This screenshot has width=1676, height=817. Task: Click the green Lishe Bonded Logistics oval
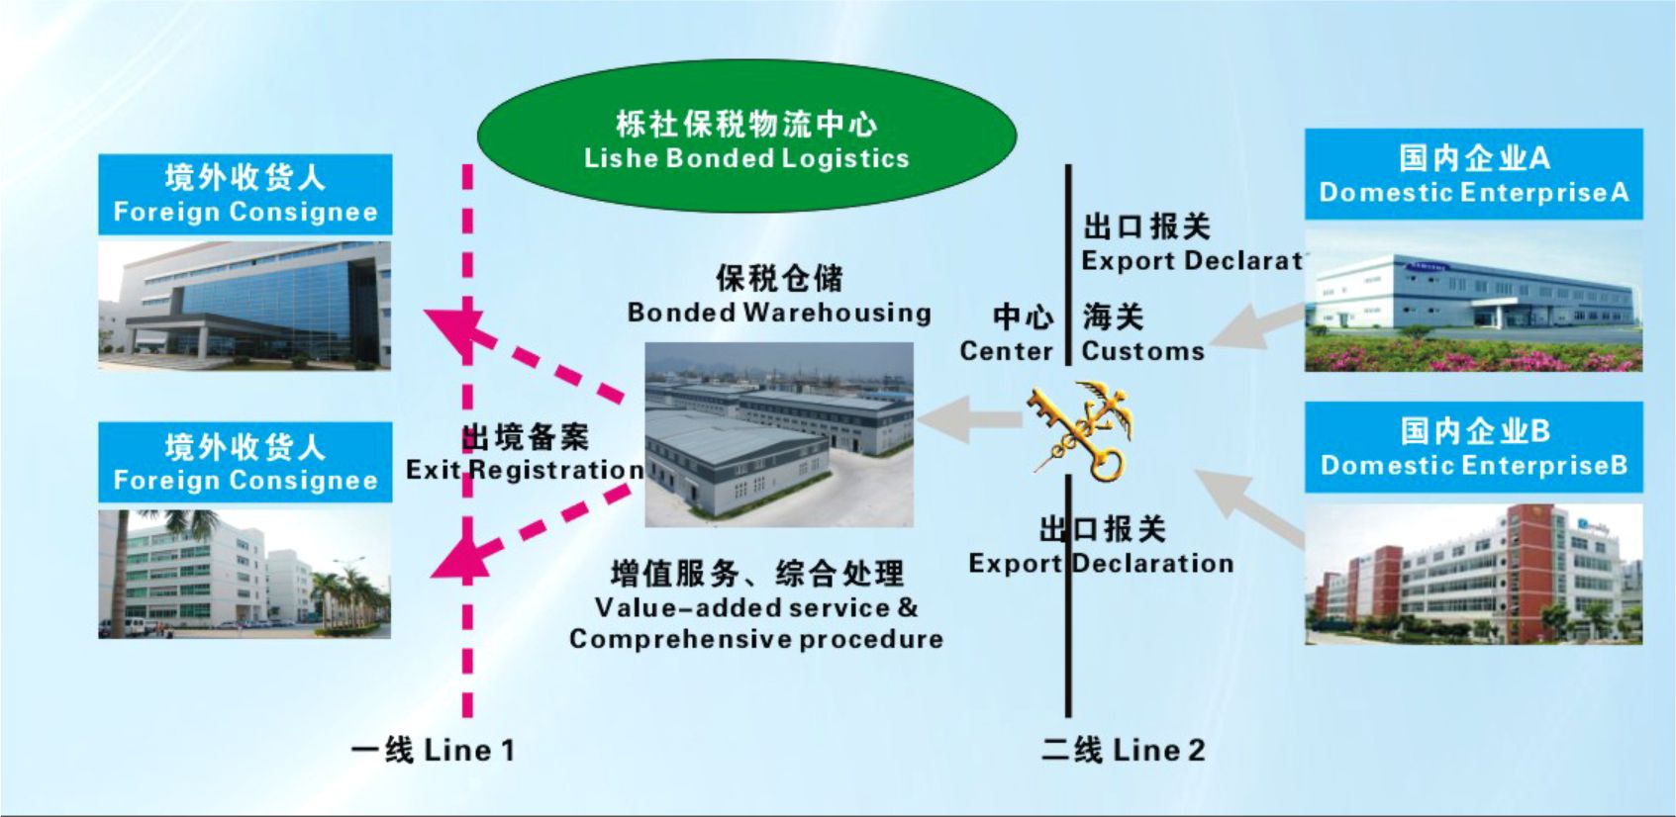(x=746, y=139)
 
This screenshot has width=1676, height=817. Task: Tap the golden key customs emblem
(x=1078, y=431)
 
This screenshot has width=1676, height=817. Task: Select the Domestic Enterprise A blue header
(x=1473, y=174)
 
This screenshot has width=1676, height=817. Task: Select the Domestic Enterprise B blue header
(x=1473, y=447)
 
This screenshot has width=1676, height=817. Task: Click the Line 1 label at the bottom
(x=433, y=750)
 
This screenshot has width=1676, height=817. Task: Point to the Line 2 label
(x=1124, y=750)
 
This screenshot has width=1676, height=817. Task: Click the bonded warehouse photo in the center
(x=779, y=434)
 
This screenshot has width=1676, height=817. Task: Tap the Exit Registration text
(x=526, y=469)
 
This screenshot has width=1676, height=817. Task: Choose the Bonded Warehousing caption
(x=779, y=313)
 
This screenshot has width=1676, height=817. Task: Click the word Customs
(x=1142, y=351)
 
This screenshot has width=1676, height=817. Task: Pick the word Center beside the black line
(x=1006, y=351)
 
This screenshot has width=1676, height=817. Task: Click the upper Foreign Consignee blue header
(x=246, y=194)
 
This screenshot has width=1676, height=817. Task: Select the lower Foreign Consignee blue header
(x=246, y=462)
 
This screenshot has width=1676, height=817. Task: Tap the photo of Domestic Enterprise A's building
(x=1473, y=301)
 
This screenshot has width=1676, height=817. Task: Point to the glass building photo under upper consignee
(x=245, y=305)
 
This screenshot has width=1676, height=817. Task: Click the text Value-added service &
(x=756, y=607)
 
